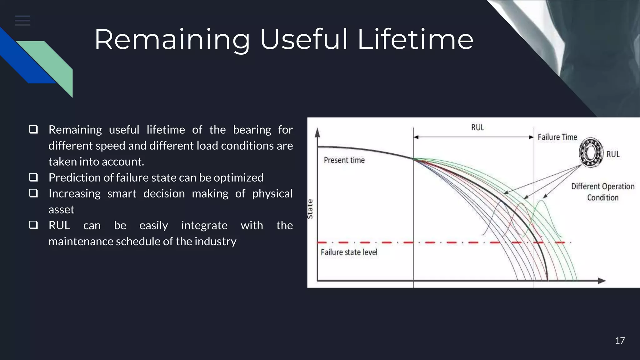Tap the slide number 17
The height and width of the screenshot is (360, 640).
pyautogui.click(x=620, y=341)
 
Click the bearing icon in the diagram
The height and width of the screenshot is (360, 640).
pyautogui.click(x=591, y=153)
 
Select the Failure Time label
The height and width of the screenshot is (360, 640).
pyautogui.click(x=557, y=137)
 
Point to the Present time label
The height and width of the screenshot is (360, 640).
pyautogui.click(x=344, y=160)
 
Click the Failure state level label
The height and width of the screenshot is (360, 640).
pyautogui.click(x=349, y=252)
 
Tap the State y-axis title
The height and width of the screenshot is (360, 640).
pyautogui.click(x=310, y=209)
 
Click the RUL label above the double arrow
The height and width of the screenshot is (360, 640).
pyautogui.click(x=477, y=127)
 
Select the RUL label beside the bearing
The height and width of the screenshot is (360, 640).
pyautogui.click(x=613, y=154)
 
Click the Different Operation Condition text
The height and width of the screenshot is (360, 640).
pyautogui.click(x=602, y=192)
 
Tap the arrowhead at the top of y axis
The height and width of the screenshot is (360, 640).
pyautogui.click(x=317, y=133)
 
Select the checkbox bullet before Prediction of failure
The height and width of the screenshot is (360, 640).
pyautogui.click(x=33, y=177)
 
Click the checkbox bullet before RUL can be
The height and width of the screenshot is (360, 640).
pyautogui.click(x=33, y=225)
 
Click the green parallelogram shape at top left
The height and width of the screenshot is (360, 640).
pyautogui.click(x=53, y=62)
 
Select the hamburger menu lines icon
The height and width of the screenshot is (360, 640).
pyautogui.click(x=22, y=21)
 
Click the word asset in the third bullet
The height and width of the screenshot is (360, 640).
pyautogui.click(x=61, y=209)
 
